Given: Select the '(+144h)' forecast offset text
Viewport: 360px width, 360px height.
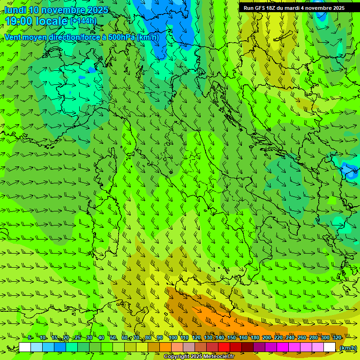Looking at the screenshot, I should [83, 21].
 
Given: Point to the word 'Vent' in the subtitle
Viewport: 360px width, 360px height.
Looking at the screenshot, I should [14, 37].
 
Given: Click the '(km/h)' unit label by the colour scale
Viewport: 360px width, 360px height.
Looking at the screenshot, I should [348, 348].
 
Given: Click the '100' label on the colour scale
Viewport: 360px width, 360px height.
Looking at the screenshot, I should [173, 337].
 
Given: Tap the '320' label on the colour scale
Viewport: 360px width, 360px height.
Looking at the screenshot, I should [337, 337].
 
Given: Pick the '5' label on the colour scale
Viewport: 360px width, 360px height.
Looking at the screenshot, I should [30, 337].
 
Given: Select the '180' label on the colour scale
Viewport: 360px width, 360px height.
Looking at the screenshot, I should [255, 337].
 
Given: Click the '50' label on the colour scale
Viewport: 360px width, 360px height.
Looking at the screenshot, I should [113, 337].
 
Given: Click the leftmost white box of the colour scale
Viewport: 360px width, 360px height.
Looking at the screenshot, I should [25, 347].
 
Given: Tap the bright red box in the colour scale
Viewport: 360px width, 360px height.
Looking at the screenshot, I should [224, 347].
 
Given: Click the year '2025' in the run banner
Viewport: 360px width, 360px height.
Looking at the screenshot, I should [337, 8].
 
